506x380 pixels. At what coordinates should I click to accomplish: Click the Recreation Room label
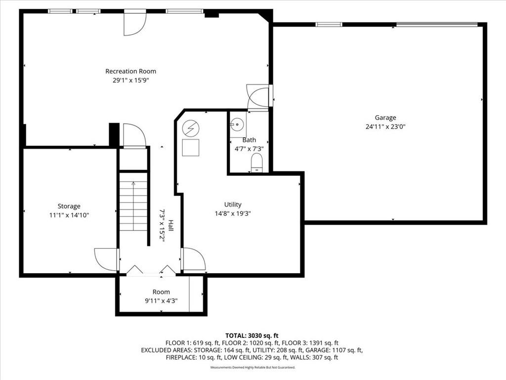[x=130, y=71]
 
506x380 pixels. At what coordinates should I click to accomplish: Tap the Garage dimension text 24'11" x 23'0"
[x=385, y=127]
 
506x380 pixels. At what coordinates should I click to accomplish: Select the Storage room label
[x=69, y=206]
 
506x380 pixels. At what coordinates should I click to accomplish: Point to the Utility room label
[x=233, y=204]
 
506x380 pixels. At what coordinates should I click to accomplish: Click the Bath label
[x=249, y=140]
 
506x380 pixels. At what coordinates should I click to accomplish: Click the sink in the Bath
[x=238, y=123]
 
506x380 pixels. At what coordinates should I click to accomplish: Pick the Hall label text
[x=170, y=226]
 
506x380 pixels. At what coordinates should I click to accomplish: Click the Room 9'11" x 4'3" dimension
[x=161, y=301]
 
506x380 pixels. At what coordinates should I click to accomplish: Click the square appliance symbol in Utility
[x=191, y=147]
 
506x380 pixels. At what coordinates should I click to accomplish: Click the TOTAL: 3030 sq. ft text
[x=252, y=336]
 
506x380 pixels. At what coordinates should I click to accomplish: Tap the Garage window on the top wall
[x=329, y=24]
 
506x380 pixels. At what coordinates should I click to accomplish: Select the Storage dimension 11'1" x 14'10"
[x=69, y=215]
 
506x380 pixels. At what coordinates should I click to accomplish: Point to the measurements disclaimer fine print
[x=253, y=368]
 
